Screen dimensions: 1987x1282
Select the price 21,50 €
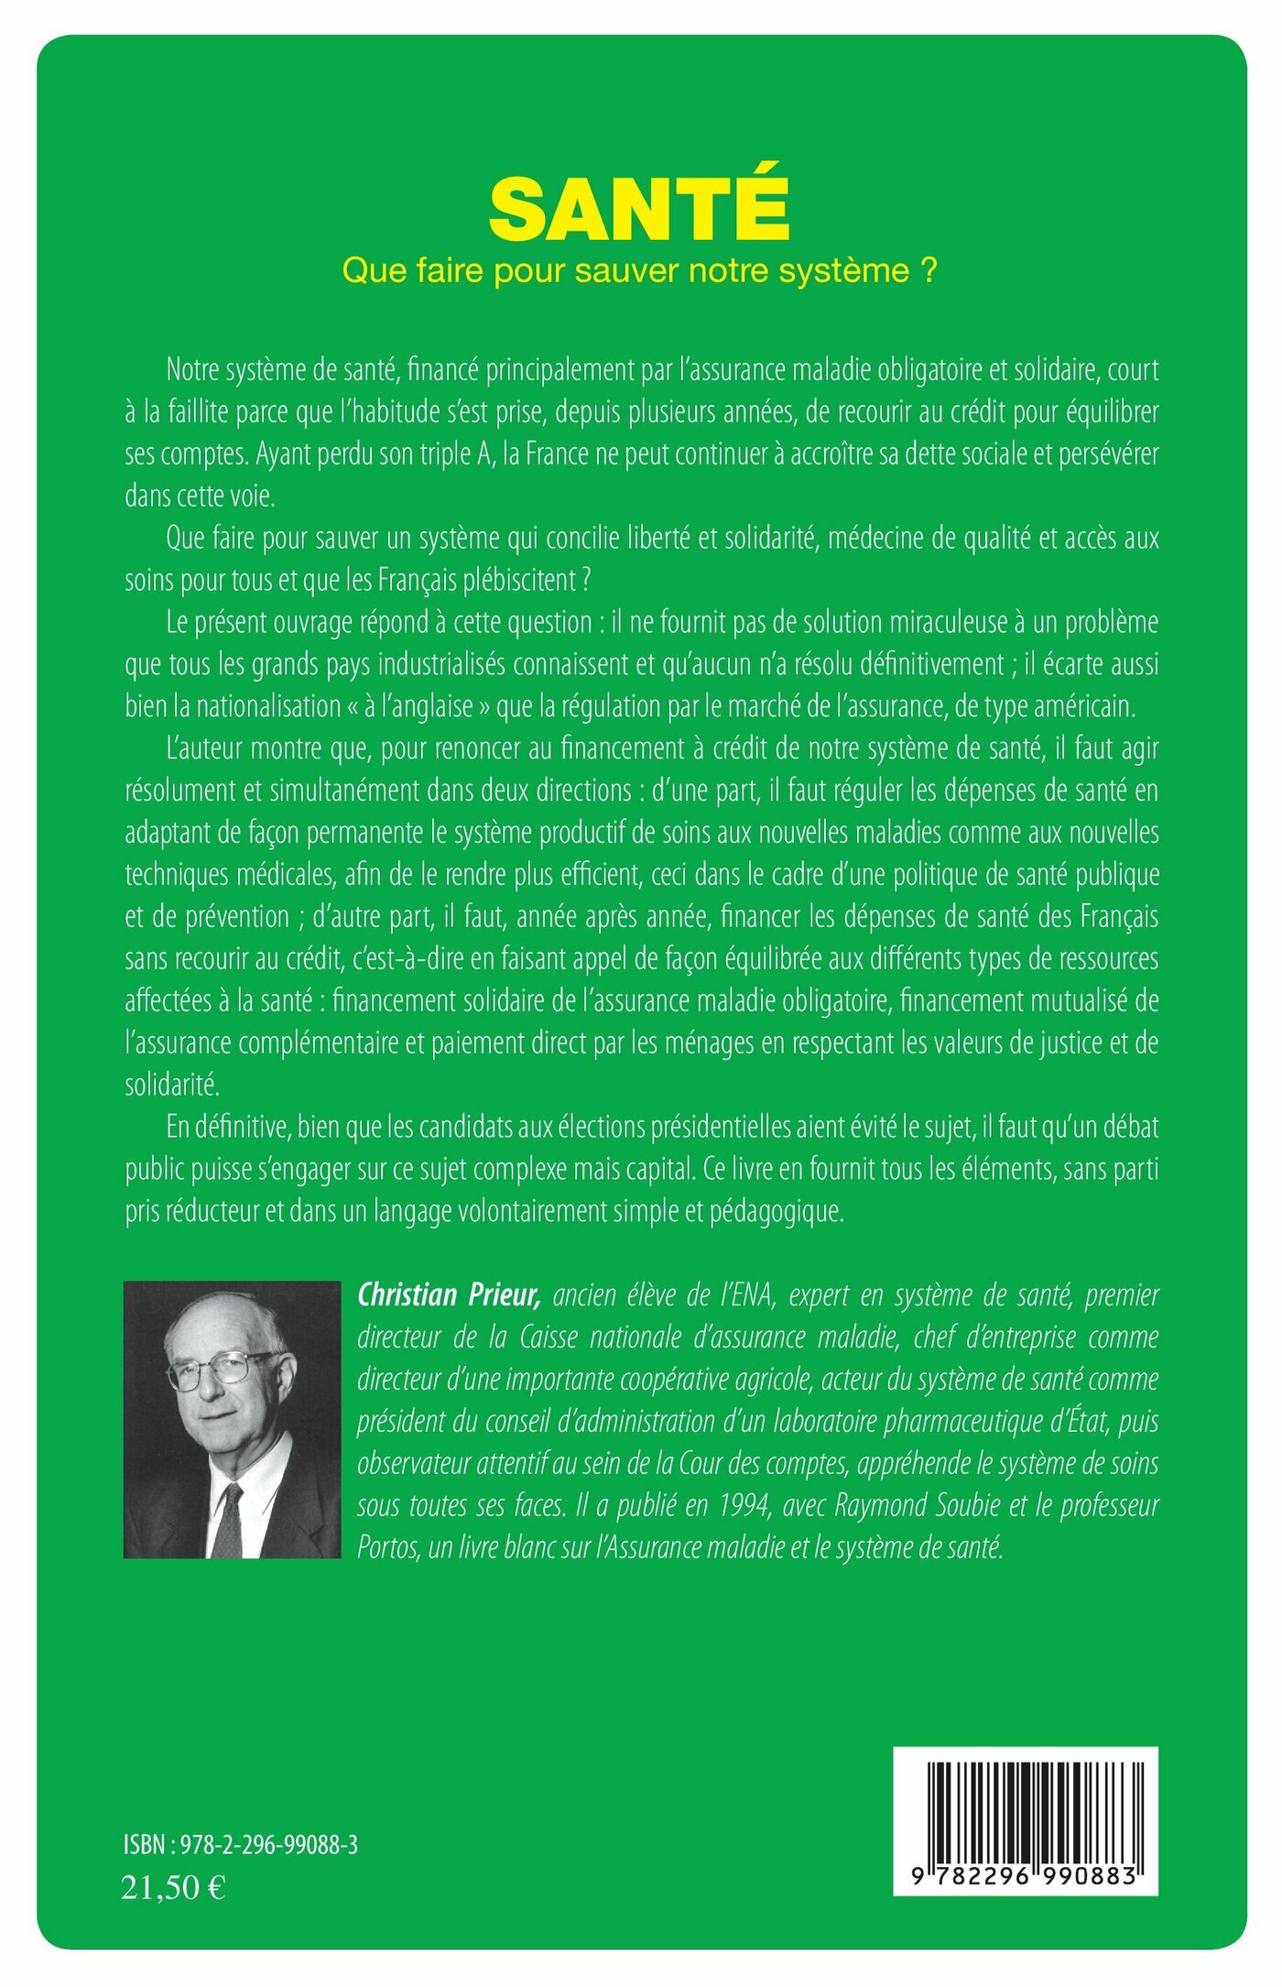point(173,1888)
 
